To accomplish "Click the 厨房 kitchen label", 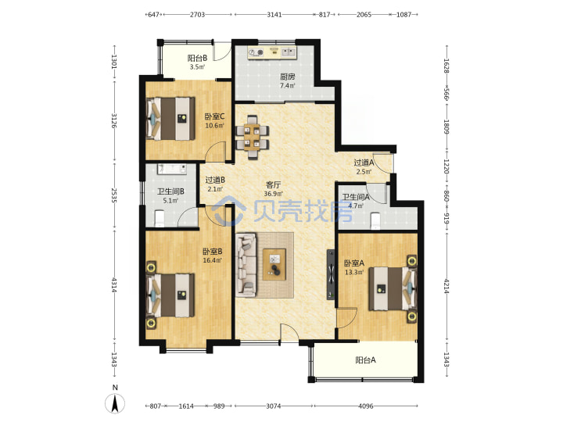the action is [x=287, y=77].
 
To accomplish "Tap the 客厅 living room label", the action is [x=273, y=184].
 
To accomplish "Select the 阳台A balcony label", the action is [x=365, y=360].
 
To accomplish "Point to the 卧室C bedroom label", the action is [x=214, y=116].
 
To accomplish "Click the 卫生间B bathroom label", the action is [x=170, y=191].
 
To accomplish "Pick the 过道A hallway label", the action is [x=364, y=163].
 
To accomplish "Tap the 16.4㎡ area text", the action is [x=212, y=260].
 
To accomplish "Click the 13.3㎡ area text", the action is [x=354, y=272].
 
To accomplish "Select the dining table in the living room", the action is [x=252, y=137].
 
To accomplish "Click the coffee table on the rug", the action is [x=274, y=264].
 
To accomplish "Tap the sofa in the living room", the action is [x=246, y=265].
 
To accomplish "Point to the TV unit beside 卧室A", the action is [x=330, y=275].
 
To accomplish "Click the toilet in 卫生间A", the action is [x=375, y=220].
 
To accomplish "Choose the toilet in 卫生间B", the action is [x=159, y=218].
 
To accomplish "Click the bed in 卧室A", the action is [x=393, y=288].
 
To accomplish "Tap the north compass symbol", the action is [x=115, y=402].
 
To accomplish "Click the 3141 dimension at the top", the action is [x=274, y=15].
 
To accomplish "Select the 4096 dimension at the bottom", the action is [x=365, y=406].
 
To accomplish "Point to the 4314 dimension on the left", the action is [x=114, y=285].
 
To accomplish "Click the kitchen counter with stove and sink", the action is [x=271, y=53].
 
